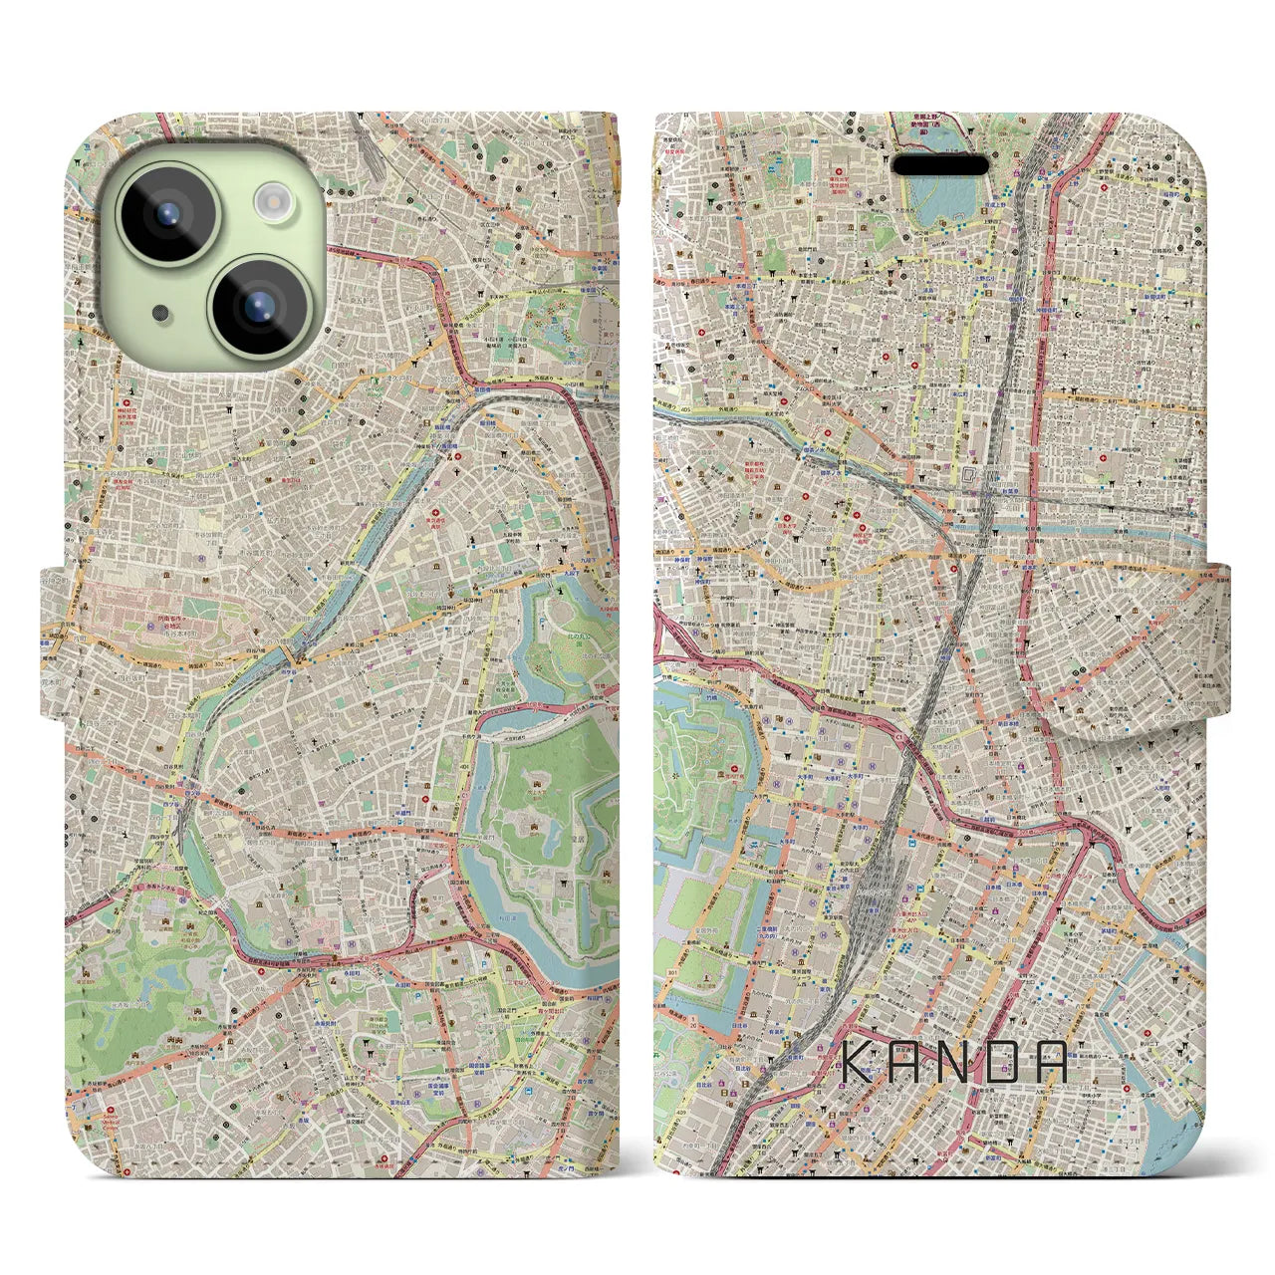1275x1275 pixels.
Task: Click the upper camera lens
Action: tap(166, 211)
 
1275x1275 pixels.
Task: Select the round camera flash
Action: tap(270, 202)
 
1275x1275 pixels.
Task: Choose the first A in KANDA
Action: tap(909, 1062)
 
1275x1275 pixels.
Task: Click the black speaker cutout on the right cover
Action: tap(940, 164)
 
